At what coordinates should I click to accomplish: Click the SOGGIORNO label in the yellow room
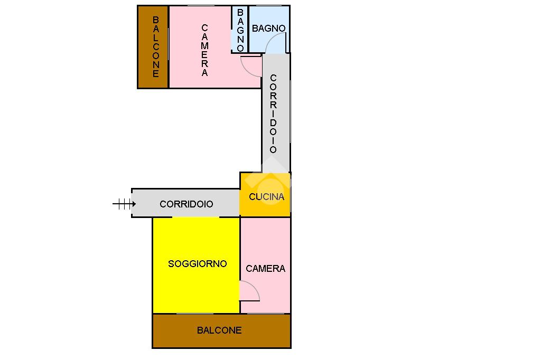tap(197, 263)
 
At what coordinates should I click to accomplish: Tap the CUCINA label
tap(266, 197)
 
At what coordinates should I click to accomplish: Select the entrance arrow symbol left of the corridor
tap(124, 204)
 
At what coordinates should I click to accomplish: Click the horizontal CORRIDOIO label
tap(186, 204)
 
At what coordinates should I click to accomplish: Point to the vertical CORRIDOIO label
tap(273, 113)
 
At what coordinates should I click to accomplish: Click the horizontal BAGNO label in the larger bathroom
tap(268, 29)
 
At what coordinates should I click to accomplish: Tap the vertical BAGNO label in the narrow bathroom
tap(240, 30)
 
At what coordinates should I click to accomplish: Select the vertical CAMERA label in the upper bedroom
tap(205, 51)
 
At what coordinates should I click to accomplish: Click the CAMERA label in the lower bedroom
tap(265, 269)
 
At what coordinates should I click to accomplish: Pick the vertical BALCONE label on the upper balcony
tap(156, 47)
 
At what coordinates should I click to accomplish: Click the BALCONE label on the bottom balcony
tap(219, 330)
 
